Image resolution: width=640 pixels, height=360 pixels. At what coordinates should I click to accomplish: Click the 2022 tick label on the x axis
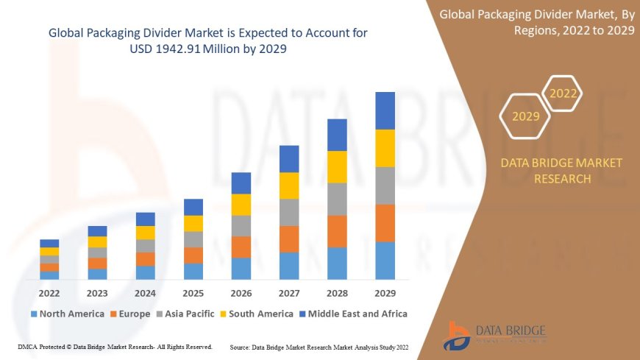tap(49, 292)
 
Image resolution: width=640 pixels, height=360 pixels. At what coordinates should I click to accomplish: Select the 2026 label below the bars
tap(241, 292)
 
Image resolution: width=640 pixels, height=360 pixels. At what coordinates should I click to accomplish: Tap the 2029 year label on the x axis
tap(385, 292)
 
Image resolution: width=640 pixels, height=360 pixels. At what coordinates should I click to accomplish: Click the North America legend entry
tap(67, 314)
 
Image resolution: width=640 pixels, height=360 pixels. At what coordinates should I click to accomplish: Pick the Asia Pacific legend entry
tap(185, 314)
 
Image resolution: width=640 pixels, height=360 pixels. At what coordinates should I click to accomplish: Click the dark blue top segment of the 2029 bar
tap(385, 110)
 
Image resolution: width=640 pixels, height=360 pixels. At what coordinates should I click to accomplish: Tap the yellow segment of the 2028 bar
tap(337, 166)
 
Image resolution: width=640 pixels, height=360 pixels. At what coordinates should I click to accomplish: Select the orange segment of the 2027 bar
tap(289, 239)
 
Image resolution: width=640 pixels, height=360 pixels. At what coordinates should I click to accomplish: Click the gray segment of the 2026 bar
tap(241, 225)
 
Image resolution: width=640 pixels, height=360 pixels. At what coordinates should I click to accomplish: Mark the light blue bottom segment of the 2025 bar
tap(193, 271)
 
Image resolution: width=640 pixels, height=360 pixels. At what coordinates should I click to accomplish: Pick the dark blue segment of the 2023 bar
tap(97, 231)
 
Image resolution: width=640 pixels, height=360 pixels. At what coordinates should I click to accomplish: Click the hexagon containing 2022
tap(563, 93)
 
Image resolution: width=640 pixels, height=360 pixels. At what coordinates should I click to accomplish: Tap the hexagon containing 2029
tap(525, 116)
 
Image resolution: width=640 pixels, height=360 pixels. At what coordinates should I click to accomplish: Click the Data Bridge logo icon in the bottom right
tap(458, 336)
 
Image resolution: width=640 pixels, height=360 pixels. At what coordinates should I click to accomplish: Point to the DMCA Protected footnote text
tap(115, 346)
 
